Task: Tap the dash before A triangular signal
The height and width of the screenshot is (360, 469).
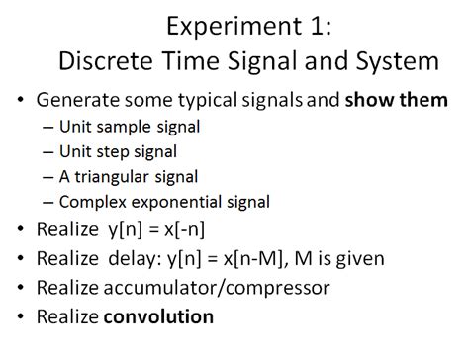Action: [49, 177]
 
